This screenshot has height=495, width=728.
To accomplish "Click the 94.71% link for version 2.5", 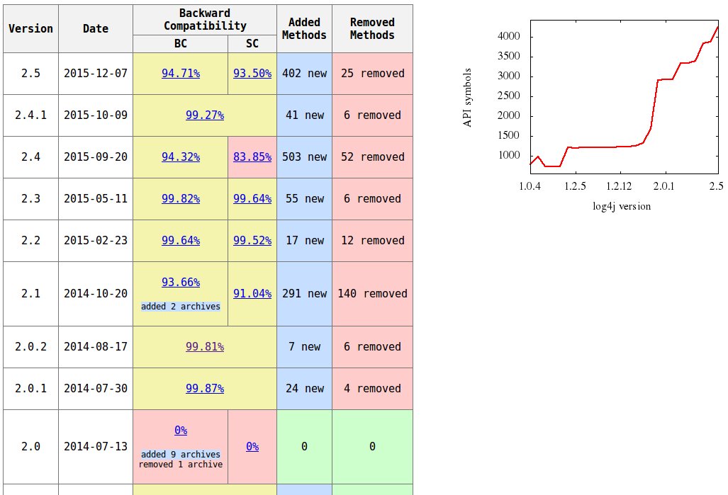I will click(x=180, y=73).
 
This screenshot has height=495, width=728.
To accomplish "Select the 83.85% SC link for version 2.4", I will click(x=252, y=157).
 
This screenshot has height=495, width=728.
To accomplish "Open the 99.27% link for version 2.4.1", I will click(x=204, y=115).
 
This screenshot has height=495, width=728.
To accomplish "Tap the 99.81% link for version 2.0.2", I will click(x=204, y=346).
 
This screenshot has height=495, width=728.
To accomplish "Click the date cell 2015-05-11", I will click(x=96, y=198).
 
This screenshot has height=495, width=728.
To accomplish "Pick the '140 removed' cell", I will click(x=372, y=293).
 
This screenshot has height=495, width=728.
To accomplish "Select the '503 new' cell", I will click(x=304, y=157).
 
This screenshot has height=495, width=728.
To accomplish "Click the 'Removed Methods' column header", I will click(x=372, y=28).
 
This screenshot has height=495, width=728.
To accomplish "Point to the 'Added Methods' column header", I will click(x=304, y=28).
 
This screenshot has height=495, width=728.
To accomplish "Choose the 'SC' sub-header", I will click(x=252, y=43).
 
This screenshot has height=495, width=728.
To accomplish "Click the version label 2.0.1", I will click(x=30, y=388).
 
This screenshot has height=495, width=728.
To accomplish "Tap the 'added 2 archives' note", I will click(x=180, y=307).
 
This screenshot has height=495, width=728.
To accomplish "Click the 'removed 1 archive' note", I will click(x=180, y=465).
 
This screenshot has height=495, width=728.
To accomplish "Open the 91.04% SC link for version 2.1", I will click(x=252, y=293).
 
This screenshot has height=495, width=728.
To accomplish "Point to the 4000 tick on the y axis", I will click(x=508, y=36).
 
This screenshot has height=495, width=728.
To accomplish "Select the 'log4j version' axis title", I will click(x=622, y=206).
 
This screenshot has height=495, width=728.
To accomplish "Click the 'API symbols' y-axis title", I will click(x=467, y=98).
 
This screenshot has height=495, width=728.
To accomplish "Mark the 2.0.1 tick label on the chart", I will click(x=664, y=186).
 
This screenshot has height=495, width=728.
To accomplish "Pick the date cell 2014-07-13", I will click(x=96, y=446).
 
